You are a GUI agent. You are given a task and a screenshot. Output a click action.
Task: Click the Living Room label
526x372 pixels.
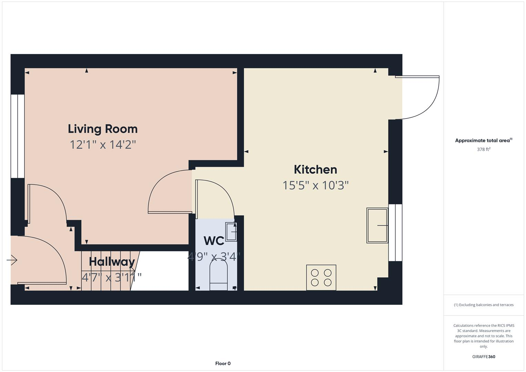coord(103,129)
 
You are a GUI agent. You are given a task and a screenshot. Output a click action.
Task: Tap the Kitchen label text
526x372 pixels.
coord(315,169)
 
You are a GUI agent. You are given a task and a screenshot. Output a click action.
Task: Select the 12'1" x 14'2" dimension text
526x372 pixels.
coord(103,145)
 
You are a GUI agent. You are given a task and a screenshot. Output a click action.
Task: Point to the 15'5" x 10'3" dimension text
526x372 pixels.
coord(315,185)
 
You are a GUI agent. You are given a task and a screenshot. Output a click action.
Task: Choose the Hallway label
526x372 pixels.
coord(112,261)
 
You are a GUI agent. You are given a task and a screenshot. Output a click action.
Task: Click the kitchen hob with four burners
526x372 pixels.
coord(321,278)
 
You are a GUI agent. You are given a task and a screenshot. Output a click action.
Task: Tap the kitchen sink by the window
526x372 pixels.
coord(377,226)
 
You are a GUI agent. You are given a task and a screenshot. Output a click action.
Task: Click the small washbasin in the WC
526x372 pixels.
coord(231,231)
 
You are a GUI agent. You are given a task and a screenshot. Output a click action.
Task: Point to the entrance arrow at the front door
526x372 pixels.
coord(12,260)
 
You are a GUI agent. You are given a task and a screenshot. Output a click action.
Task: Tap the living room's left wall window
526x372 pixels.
coord(17,136)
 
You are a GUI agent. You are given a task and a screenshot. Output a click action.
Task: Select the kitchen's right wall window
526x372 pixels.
coord(395,232)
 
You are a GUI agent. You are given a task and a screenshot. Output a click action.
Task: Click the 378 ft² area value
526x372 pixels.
coord(483,149)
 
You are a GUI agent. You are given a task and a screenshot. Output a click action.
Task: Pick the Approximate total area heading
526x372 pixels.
coord(483,141)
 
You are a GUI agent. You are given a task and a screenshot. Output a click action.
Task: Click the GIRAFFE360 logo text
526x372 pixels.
coord(483,357)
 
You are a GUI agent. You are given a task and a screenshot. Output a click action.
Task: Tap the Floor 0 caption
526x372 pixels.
coord(223,363)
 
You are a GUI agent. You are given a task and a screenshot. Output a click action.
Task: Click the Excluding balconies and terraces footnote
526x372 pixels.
coord(483,305)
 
